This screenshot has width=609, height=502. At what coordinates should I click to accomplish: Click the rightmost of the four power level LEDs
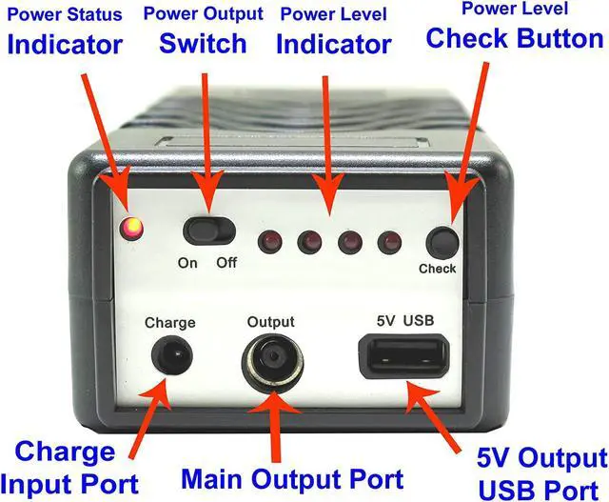coord(387,242)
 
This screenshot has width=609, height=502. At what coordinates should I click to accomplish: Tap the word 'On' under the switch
coord(188,262)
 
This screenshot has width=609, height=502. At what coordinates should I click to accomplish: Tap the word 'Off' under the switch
coord(226,262)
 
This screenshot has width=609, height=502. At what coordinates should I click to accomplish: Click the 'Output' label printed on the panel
coord(270,322)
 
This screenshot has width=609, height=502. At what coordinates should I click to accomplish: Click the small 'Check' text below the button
coord(438,269)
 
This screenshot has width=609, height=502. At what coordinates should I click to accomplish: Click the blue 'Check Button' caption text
coord(514,38)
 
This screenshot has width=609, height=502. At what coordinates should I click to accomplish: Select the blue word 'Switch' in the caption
coord(203,43)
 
